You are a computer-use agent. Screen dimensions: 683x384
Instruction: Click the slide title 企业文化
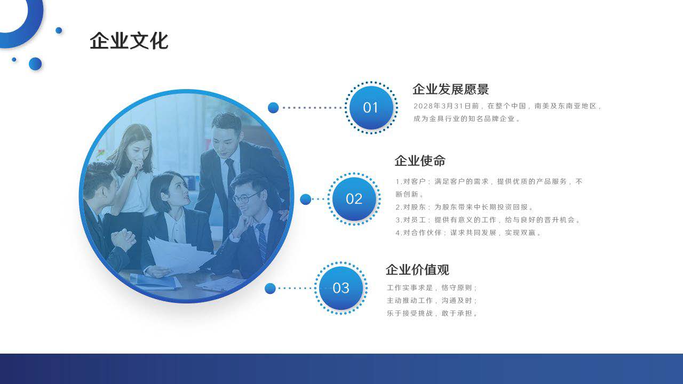tap(129, 41)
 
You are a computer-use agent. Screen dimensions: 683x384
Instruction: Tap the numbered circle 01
tap(371, 108)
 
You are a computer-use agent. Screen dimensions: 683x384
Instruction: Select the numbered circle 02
tap(354, 199)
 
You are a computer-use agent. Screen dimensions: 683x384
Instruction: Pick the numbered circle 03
tap(341, 288)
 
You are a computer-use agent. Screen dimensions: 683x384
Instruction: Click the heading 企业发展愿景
tap(451, 89)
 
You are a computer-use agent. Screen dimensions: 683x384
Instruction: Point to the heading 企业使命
tap(420, 161)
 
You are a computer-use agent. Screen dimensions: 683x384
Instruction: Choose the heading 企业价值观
tap(417, 270)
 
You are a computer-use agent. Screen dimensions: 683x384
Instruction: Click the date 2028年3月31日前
tap(446, 106)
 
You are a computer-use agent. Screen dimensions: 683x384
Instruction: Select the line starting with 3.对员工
tap(488, 220)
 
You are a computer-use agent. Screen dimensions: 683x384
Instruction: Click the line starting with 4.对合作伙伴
tap(468, 233)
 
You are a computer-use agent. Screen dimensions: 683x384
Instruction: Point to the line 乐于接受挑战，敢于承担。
tap(432, 313)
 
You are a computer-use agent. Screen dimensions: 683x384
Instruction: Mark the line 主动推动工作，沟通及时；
tap(432, 300)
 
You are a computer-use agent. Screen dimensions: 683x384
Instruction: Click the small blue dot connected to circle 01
tap(273, 108)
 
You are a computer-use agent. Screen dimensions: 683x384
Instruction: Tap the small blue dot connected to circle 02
tap(306, 199)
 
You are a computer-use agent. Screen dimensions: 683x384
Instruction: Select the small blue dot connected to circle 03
tap(270, 289)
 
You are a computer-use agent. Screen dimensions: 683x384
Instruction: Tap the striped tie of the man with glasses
tap(262, 241)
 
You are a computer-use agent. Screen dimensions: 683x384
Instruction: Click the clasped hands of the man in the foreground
tap(123, 240)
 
